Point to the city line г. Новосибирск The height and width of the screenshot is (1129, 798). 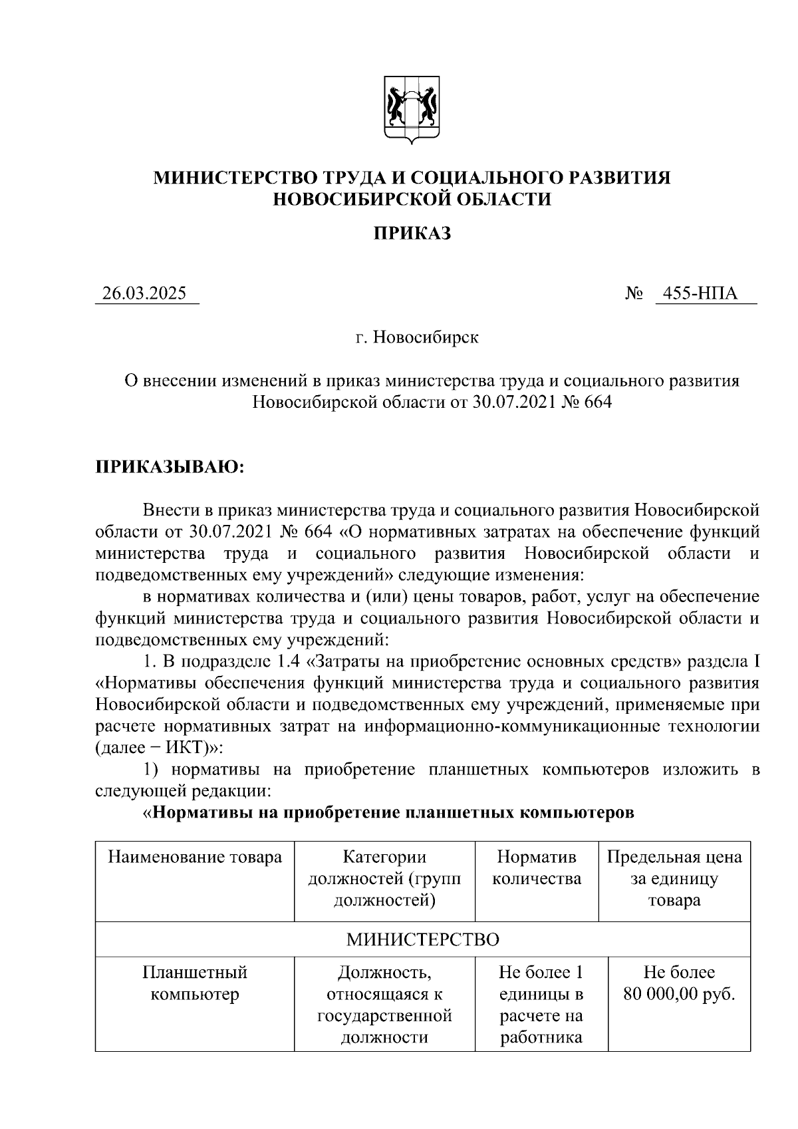coord(416,338)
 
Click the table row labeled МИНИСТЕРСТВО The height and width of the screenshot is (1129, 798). coord(423,939)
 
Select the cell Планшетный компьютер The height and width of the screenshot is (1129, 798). coord(195,983)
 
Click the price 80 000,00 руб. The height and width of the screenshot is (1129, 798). coord(679,995)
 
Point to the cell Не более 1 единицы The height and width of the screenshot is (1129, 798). coord(541,983)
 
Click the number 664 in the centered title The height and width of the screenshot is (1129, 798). coord(597,403)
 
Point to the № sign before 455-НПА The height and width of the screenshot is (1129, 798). coord(633,293)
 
